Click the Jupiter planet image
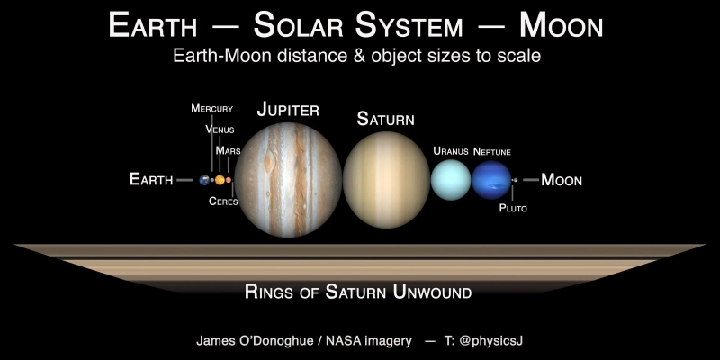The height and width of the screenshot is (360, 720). coord(288,181)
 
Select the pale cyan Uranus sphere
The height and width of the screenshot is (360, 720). coord(450,180)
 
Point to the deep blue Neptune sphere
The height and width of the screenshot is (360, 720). coord(490,180)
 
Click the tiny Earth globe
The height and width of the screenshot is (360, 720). coord(205,181)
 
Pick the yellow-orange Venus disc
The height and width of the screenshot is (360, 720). coord(220,181)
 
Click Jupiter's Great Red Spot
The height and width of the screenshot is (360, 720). coord(269,164)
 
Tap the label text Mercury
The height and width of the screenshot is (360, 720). coord(211,109)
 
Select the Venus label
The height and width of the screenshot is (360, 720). coord(220,130)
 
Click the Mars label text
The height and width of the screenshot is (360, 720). coord(228,151)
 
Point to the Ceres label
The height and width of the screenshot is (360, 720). coord(223,202)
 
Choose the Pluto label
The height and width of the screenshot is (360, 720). coord(513,209)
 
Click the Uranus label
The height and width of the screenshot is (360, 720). coord(450,151)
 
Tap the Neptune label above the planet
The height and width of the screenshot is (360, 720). coord(492,151)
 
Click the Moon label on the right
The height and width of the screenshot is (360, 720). coord(562,180)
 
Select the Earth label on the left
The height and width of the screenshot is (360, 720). coord(151,180)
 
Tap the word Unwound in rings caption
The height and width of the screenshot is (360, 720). coord(433,292)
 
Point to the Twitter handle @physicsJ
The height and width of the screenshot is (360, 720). coord(491,341)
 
